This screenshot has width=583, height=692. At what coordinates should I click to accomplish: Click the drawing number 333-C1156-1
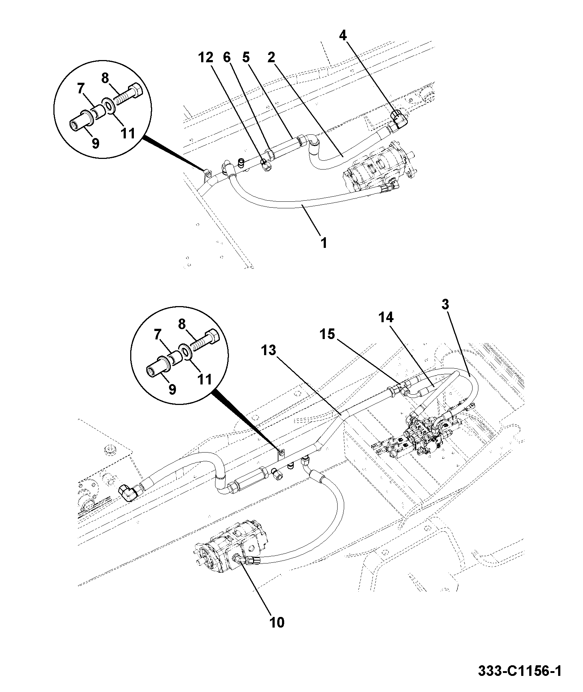click(520, 671)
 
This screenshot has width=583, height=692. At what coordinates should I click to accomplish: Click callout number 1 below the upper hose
click(324, 243)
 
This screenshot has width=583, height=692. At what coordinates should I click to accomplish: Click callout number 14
click(386, 317)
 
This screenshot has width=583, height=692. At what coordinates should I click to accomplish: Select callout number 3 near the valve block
click(445, 305)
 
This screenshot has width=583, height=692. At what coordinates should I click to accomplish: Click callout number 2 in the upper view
click(271, 57)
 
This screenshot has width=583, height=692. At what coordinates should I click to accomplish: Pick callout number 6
click(227, 57)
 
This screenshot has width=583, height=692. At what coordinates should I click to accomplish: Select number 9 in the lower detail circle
click(172, 389)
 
